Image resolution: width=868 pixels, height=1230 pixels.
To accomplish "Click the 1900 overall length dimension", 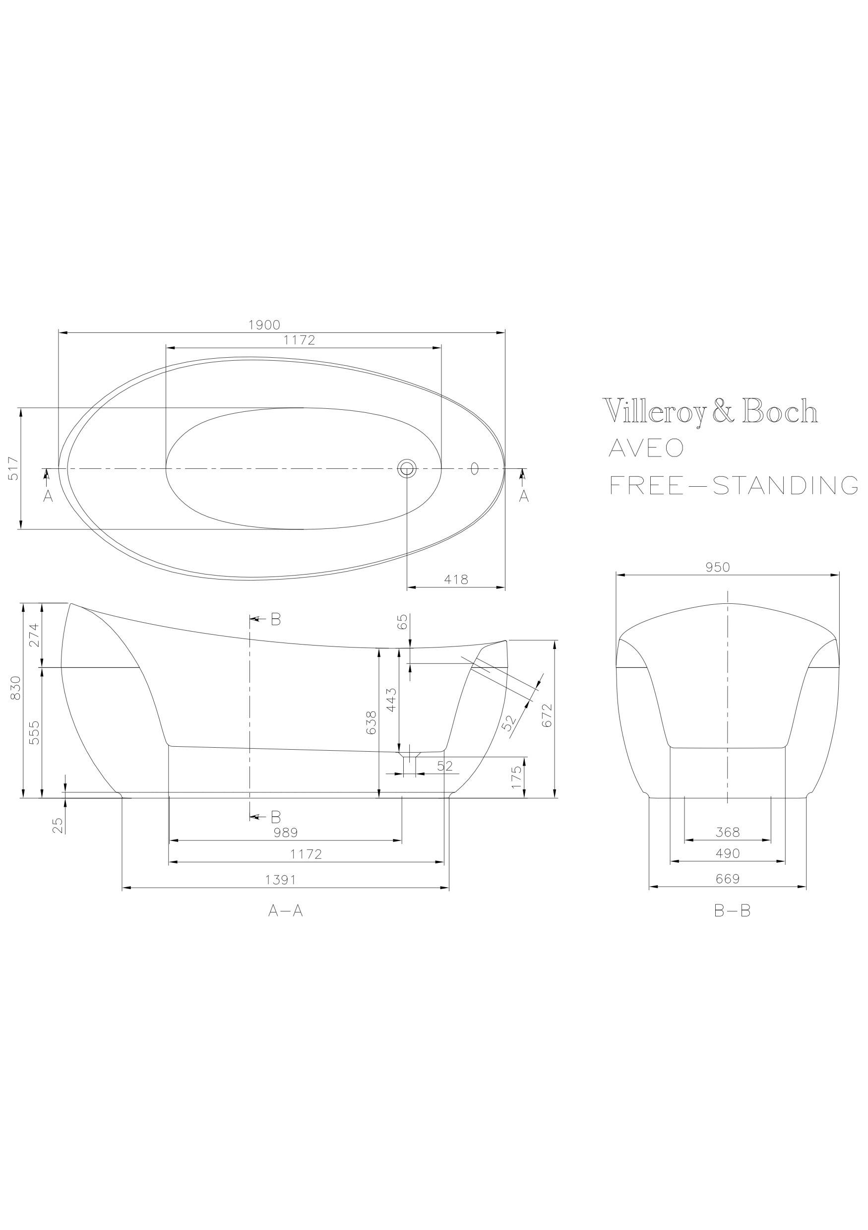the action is click(x=264, y=324).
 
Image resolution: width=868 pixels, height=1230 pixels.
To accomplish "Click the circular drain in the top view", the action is click(x=406, y=469).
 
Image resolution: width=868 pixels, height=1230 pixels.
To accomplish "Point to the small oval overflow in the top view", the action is click(x=474, y=468).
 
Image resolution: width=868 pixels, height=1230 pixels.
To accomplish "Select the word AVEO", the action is click(x=646, y=448).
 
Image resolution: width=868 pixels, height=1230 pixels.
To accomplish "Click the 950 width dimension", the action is click(x=718, y=567).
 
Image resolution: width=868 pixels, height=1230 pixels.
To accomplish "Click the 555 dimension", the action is click(x=34, y=732).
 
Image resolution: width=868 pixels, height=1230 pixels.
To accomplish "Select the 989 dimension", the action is click(x=285, y=832).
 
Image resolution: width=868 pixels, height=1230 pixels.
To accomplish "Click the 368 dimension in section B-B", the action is click(x=728, y=832).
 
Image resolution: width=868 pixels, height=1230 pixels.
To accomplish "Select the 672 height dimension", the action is click(x=547, y=715).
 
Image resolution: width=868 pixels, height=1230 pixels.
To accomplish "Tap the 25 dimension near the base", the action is click(x=59, y=826).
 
